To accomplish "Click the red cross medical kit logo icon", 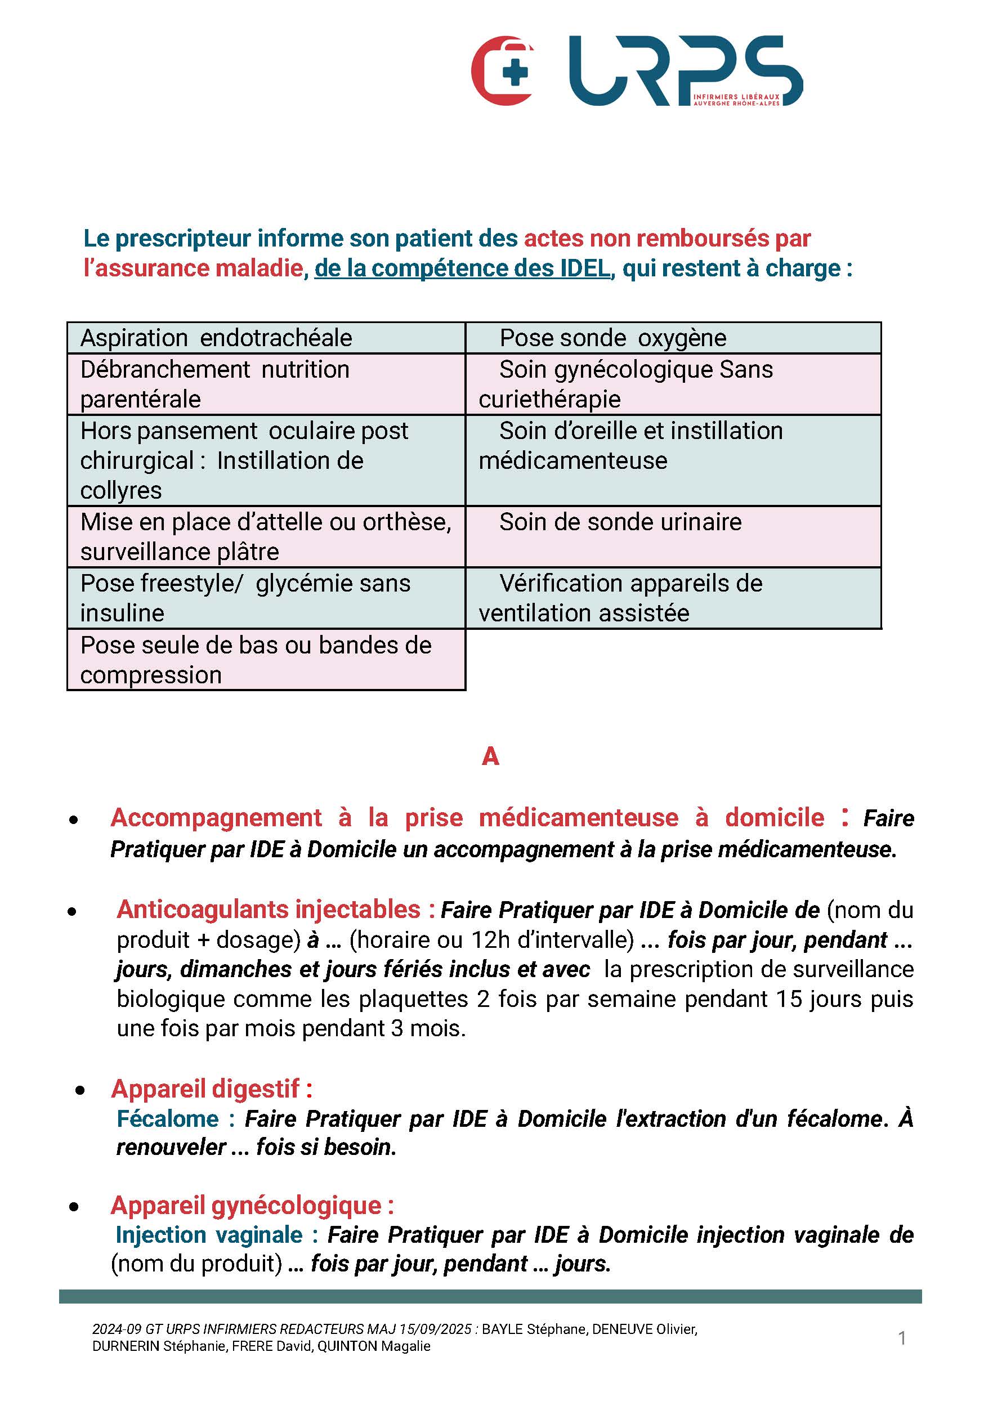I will (x=503, y=71).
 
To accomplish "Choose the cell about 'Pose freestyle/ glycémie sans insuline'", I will (x=266, y=598).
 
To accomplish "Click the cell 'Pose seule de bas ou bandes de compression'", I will (x=266, y=660).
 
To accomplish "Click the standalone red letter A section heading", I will (x=490, y=757).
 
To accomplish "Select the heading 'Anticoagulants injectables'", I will (x=268, y=910).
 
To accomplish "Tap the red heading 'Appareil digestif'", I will (x=211, y=1089).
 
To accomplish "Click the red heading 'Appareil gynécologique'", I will (x=252, y=1205).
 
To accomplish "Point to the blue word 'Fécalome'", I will (x=167, y=1119).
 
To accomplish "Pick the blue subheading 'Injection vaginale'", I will (x=209, y=1234).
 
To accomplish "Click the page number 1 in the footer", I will (x=902, y=1338).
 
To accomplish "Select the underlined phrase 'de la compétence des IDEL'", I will (x=462, y=268).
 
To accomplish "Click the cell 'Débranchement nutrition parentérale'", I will (x=266, y=384).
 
